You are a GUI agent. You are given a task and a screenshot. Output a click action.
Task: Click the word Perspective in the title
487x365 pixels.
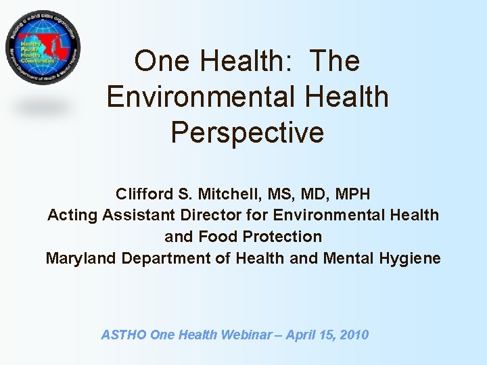point(248,132)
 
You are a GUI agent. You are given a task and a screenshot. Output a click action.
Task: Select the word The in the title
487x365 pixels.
point(335,62)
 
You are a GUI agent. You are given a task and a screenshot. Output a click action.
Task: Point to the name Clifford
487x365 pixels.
point(144,194)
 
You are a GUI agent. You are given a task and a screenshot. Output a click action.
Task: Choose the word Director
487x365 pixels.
point(206,216)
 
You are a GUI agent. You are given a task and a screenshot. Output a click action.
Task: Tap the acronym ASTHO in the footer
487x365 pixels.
point(123,335)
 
